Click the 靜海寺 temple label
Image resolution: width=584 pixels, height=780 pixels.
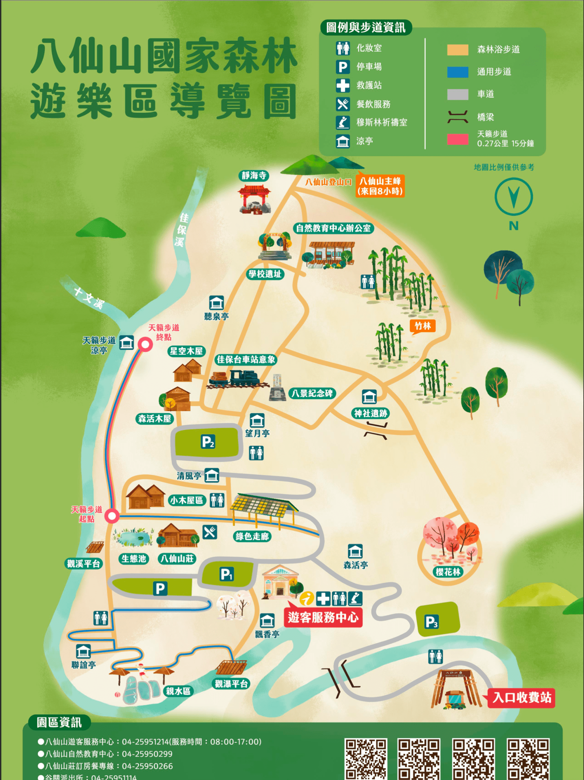click(x=254, y=175)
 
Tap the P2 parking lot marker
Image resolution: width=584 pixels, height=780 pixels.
click(x=208, y=442)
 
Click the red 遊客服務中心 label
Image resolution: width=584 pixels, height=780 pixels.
click(x=323, y=617)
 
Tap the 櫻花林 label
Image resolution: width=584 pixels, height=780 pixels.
click(x=448, y=572)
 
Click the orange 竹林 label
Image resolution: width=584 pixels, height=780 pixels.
click(x=423, y=326)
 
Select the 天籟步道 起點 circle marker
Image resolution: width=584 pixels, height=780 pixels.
click(x=112, y=516)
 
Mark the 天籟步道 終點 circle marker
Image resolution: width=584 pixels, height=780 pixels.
click(x=145, y=344)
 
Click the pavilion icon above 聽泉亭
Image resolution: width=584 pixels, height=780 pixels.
click(x=216, y=302)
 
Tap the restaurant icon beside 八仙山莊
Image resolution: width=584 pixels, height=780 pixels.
click(x=210, y=532)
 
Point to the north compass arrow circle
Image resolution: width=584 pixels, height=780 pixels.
click(x=514, y=197)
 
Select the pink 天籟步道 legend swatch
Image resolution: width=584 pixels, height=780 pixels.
click(x=458, y=139)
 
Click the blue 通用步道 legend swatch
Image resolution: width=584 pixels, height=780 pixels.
click(x=458, y=72)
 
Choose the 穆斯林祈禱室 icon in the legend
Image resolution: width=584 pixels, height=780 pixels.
click(x=343, y=122)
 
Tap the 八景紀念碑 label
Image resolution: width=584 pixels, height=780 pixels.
click(x=312, y=393)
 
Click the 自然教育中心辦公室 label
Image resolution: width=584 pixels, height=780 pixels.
click(x=333, y=228)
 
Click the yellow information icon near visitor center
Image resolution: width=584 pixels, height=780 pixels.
click(x=307, y=598)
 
